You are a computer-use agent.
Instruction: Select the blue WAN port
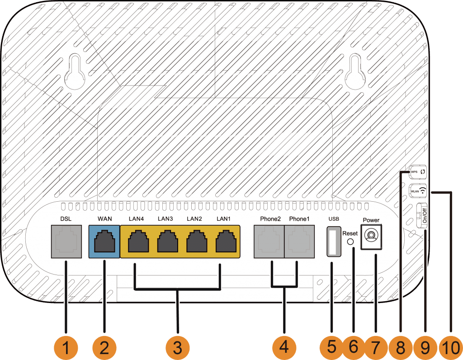tap(104, 242)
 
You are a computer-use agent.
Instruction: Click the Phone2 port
tap(269, 242)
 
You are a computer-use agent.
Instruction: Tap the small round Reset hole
tap(350, 242)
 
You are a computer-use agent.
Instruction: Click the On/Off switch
tap(422, 216)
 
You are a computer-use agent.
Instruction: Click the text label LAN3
tap(165, 219)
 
